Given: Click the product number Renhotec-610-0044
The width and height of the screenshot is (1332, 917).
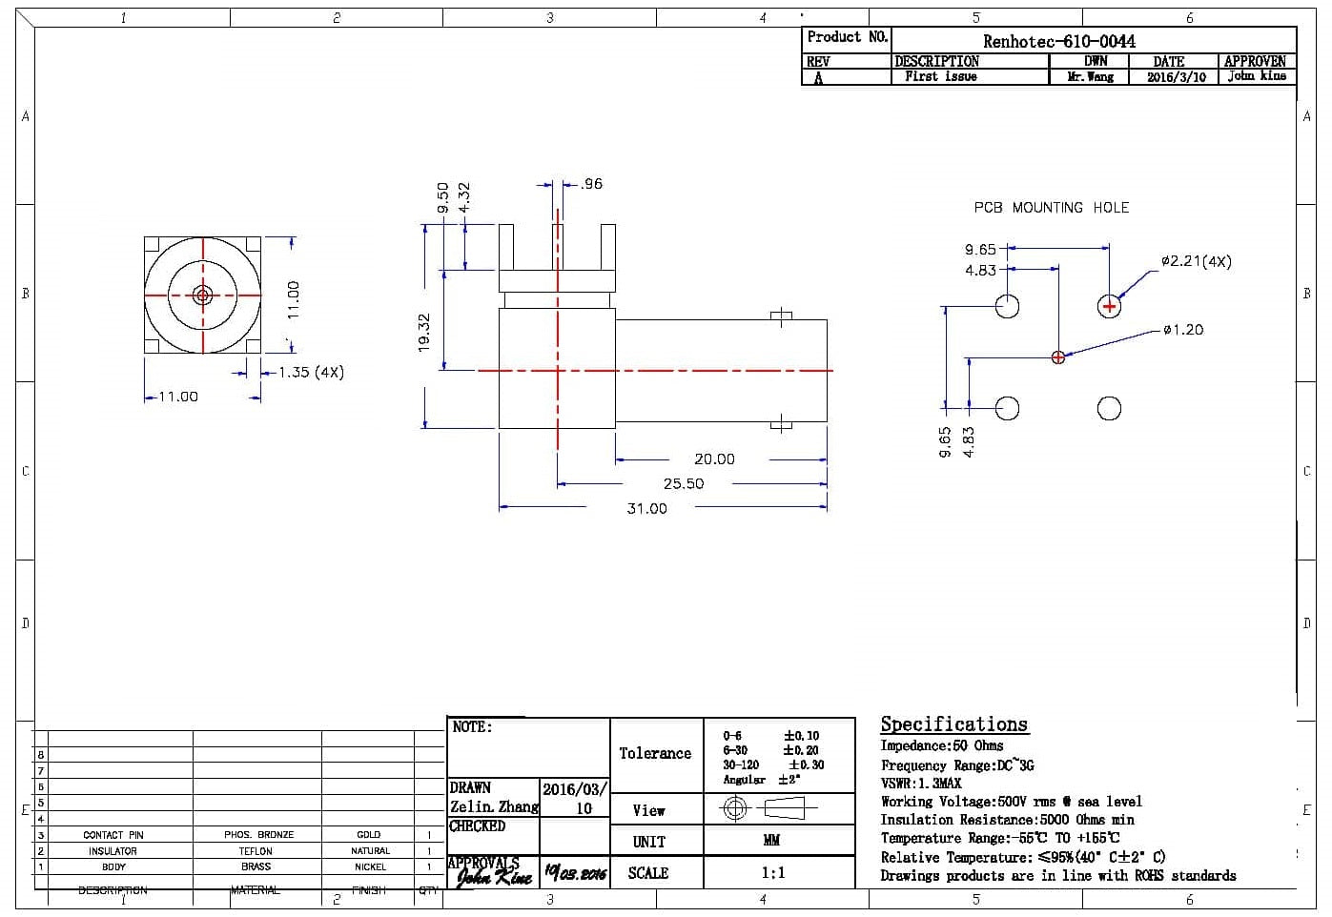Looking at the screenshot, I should coord(1058,41).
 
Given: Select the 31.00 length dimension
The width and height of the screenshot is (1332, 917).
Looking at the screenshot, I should coord(646,509).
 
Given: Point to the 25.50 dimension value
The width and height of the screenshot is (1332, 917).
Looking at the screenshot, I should coord(683,484).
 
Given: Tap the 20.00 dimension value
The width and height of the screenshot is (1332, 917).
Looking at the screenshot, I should coord(714,459).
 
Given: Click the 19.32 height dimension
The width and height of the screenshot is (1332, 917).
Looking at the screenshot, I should coord(425,332).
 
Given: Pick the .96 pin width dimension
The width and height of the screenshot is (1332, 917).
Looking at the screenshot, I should coord(591,184).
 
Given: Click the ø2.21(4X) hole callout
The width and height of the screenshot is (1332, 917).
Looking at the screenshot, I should coord(1196,261).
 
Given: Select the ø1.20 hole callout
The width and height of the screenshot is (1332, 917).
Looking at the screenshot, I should coord(1183,330).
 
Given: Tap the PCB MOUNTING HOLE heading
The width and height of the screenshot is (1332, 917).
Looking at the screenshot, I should coord(1051,207).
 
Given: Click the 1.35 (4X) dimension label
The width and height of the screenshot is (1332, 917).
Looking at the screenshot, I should coord(311,373).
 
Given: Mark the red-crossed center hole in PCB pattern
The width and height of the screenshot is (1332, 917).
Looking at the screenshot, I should coord(1057,357).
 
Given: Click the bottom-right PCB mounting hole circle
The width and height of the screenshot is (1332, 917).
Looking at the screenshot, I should coord(1109,408).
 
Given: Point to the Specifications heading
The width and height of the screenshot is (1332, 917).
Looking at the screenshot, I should coord(953,724).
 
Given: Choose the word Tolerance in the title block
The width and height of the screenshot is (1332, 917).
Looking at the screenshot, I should coord(655,754).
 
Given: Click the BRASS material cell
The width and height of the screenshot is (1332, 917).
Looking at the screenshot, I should coord(256,867).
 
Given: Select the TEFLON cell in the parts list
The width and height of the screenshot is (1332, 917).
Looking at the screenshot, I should coord(256,851).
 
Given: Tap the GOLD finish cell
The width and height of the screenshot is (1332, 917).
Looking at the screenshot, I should coord(368,835).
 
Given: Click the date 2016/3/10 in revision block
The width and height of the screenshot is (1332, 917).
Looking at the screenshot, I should coord(1176,77).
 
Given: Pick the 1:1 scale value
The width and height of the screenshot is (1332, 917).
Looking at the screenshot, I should coord(773,873).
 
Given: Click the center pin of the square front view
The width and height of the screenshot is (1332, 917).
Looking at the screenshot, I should coord(202,295).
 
